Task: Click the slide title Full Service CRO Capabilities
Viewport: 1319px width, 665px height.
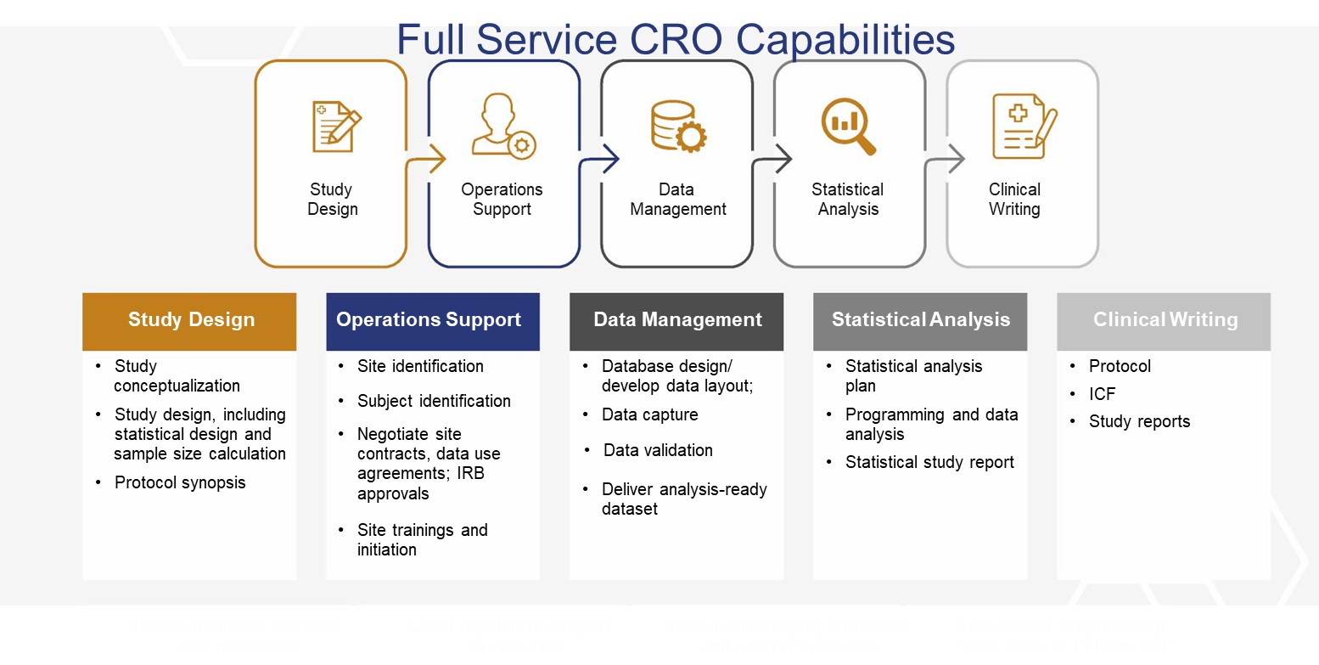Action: tap(676, 39)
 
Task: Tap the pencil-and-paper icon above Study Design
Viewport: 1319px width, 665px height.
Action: tap(334, 127)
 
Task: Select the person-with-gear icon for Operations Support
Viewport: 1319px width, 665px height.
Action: tap(502, 127)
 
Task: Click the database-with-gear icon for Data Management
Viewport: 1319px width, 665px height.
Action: tap(677, 127)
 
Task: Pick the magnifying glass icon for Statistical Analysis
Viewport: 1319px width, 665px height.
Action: tap(847, 127)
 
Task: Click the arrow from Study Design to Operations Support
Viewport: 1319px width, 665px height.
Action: tap(431, 159)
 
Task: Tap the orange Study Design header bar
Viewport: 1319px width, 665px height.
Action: tap(189, 321)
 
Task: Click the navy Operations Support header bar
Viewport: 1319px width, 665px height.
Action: tap(432, 321)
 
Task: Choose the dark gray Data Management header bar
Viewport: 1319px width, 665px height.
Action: tap(676, 321)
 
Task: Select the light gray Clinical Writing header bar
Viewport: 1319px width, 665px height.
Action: tap(1164, 321)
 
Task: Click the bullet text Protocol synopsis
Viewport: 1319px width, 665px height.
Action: tap(180, 482)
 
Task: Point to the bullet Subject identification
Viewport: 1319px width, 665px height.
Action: tap(434, 401)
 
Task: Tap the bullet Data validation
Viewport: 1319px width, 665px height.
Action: tap(658, 450)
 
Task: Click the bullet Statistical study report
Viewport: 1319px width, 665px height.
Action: tap(929, 462)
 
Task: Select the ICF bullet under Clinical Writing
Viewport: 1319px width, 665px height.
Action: tap(1102, 394)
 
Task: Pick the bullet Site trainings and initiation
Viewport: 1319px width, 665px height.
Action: tap(422, 539)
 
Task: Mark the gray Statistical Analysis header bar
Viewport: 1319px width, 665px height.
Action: tap(920, 321)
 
